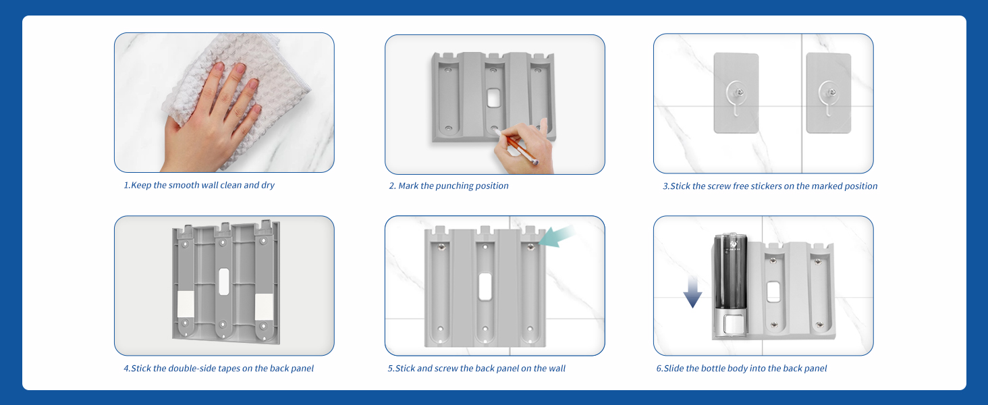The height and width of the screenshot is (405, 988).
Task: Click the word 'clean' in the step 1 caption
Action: click(231, 186)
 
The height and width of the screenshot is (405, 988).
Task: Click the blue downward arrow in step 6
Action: click(692, 292)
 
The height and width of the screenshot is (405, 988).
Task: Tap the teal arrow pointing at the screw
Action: click(557, 237)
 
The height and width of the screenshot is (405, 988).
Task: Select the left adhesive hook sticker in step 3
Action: click(736, 93)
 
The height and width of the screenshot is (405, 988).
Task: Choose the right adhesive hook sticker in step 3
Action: click(829, 93)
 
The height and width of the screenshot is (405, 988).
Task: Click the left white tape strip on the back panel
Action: click(185, 304)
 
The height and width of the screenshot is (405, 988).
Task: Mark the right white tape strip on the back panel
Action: click(264, 306)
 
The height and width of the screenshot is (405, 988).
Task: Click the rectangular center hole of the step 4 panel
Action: click(223, 281)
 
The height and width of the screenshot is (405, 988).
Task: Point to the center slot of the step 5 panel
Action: click(485, 287)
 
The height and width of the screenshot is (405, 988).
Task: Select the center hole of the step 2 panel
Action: click(493, 98)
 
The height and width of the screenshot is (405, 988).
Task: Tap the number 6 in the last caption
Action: click(659, 369)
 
